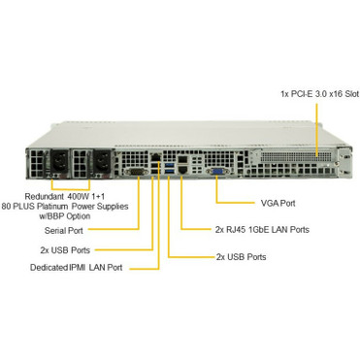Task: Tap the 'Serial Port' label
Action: click(64, 230)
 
